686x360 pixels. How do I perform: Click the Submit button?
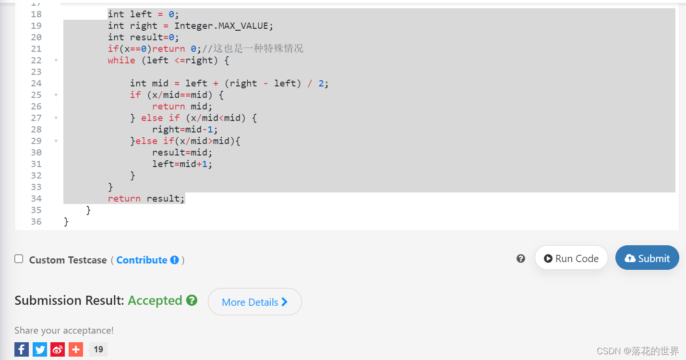(647, 258)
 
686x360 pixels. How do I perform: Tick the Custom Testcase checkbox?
(19, 259)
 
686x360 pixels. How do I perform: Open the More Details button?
(254, 302)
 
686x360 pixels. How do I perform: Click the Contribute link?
(142, 260)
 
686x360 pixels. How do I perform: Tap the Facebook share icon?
(22, 349)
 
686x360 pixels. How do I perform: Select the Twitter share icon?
(40, 349)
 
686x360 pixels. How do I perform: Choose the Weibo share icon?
(58, 349)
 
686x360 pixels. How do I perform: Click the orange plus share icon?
(76, 349)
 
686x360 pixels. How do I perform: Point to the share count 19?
(98, 349)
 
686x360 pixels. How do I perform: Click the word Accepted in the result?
(155, 300)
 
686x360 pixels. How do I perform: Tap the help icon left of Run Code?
(521, 259)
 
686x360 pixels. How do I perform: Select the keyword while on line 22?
(121, 60)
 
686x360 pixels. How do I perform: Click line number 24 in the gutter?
(36, 84)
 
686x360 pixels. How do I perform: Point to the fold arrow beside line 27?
(56, 118)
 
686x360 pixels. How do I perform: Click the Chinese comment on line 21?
(258, 49)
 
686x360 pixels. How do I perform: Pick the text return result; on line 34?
(146, 199)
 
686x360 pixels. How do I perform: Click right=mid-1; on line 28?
(182, 130)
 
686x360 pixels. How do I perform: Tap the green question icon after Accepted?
(192, 300)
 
